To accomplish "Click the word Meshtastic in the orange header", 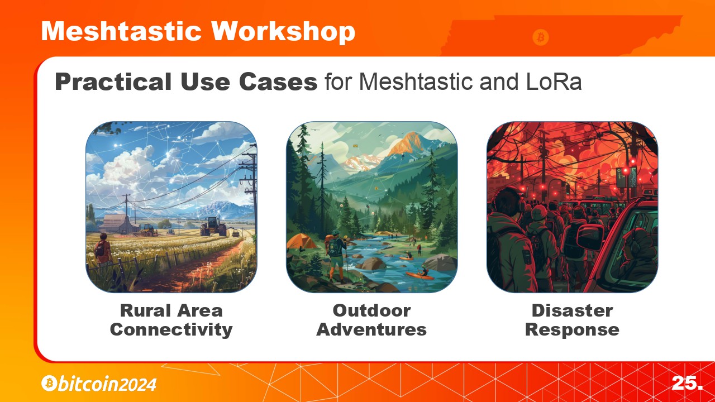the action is pyautogui.click(x=121, y=31).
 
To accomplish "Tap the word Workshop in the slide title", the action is pyautogui.click(x=283, y=32).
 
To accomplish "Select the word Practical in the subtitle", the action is pyautogui.click(x=113, y=82).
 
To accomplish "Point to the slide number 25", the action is pyautogui.click(x=687, y=382).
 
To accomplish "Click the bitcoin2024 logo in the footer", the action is pyautogui.click(x=99, y=384).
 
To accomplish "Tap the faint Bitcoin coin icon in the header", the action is pyautogui.click(x=541, y=37).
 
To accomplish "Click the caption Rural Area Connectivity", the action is pyautogui.click(x=171, y=320).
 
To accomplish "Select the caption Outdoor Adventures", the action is pyautogui.click(x=371, y=320).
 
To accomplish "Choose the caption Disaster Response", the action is pyautogui.click(x=572, y=320).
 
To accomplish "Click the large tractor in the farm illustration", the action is pyautogui.click(x=213, y=226).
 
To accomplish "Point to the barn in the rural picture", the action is pyautogui.click(x=117, y=223).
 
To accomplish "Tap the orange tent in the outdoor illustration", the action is pyautogui.click(x=301, y=242).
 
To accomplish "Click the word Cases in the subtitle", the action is pyautogui.click(x=278, y=82).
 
